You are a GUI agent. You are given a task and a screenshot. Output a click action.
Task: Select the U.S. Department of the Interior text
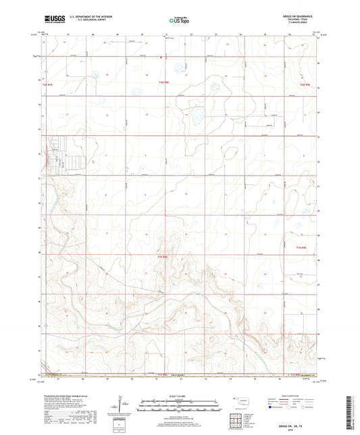click(88, 18)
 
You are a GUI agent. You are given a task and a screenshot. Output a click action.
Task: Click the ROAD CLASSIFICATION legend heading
click(296, 395)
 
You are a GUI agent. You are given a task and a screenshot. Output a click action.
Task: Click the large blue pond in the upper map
click(199, 116)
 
